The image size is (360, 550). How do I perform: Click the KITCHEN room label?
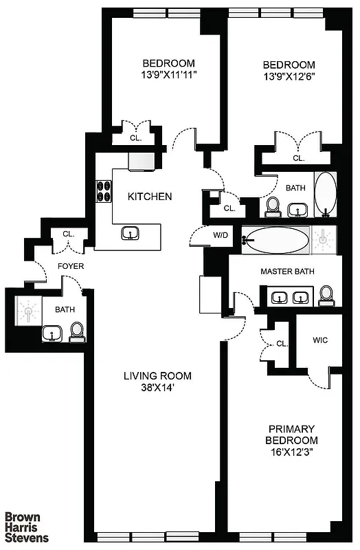click(x=150, y=197)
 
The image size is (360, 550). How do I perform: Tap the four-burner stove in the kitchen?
click(x=104, y=190)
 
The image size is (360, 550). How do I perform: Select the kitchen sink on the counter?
click(x=129, y=234)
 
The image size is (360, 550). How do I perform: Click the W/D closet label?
click(x=220, y=235)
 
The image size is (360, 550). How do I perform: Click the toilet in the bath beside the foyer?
click(x=77, y=332)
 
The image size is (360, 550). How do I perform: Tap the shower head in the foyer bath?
click(x=28, y=313)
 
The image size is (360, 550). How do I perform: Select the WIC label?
click(x=319, y=340)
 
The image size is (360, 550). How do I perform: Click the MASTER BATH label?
click(x=287, y=272)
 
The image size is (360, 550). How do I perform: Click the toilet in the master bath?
click(x=327, y=296)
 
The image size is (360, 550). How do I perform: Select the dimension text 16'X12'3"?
click(x=293, y=452)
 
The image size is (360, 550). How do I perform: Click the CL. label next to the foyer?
click(x=69, y=234)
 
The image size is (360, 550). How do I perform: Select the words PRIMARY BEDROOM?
click(x=293, y=434)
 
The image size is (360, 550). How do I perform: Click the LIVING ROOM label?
click(x=157, y=376)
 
